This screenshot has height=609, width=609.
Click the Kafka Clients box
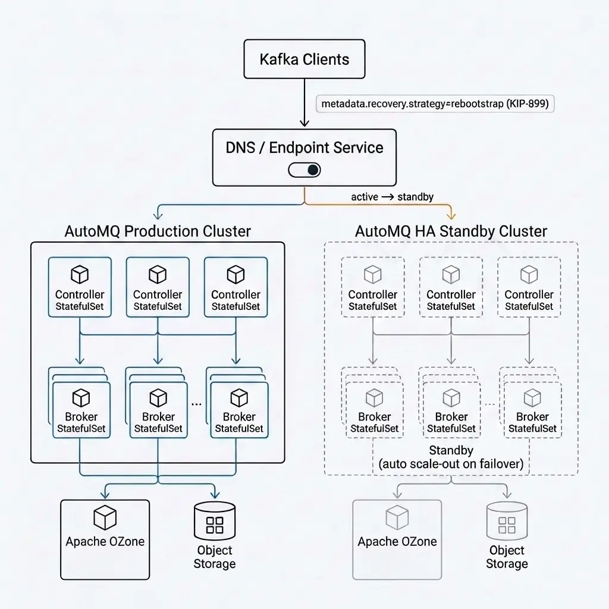pyautogui.click(x=304, y=59)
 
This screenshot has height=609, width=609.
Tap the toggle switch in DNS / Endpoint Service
pyautogui.click(x=304, y=170)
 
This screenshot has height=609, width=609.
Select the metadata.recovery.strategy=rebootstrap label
pyautogui.click(x=435, y=103)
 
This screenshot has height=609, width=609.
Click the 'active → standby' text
pyautogui.click(x=392, y=197)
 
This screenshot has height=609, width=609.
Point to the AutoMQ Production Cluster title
pyautogui.click(x=158, y=231)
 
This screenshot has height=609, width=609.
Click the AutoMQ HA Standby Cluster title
pyautogui.click(x=451, y=231)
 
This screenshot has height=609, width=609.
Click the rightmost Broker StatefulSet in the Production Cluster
pyautogui.click(x=239, y=410)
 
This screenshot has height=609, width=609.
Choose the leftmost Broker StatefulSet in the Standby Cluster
pyautogui.click(x=375, y=410)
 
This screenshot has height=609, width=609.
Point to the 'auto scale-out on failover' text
pyautogui.click(x=451, y=464)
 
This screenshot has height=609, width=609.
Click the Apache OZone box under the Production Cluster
pyautogui.click(x=105, y=539)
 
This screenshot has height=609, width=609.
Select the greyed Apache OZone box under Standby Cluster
pyautogui.click(x=397, y=539)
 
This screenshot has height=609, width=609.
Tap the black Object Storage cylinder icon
pyautogui.click(x=215, y=521)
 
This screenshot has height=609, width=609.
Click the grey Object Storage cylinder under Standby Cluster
pyautogui.click(x=507, y=521)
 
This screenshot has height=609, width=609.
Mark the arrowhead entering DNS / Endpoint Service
pyautogui.click(x=304, y=123)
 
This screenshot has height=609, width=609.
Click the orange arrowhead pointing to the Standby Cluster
pyautogui.click(x=451, y=215)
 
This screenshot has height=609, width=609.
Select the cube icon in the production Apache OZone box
pyautogui.click(x=105, y=517)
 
